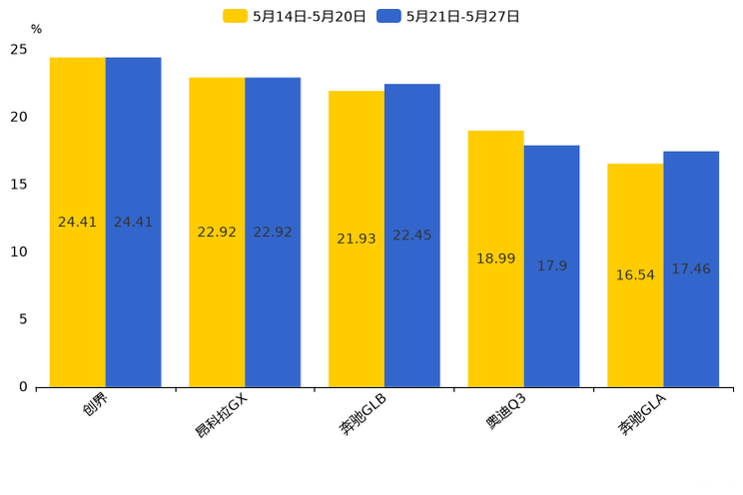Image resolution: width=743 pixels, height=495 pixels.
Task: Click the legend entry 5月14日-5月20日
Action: click(x=295, y=16)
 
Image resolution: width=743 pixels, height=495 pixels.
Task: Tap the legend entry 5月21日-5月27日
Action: click(x=448, y=16)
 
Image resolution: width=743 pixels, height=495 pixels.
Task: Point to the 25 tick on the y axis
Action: click(x=19, y=50)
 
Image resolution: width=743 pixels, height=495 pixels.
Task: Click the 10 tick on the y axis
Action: click(x=19, y=252)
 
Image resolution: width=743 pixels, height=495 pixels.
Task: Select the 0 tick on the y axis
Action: click(x=23, y=387)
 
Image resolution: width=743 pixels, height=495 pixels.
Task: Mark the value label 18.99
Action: click(x=495, y=259)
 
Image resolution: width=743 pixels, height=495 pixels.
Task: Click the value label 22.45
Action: click(x=411, y=236)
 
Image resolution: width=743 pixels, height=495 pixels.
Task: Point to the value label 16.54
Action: click(x=635, y=275)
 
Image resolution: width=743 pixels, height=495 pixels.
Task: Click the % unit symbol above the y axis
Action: click(x=36, y=30)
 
